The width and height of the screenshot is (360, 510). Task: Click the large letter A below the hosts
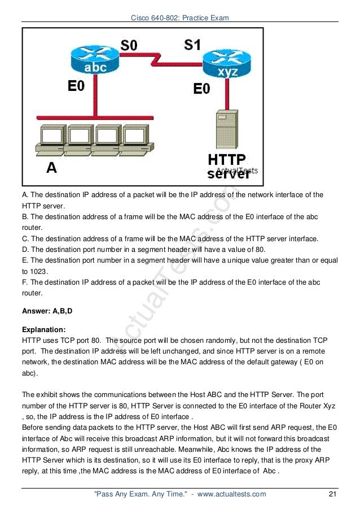point(51,168)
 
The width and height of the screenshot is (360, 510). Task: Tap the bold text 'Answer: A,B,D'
point(48,311)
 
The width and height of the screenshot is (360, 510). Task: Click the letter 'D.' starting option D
point(25,249)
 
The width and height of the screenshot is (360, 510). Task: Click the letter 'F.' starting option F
point(25,281)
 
